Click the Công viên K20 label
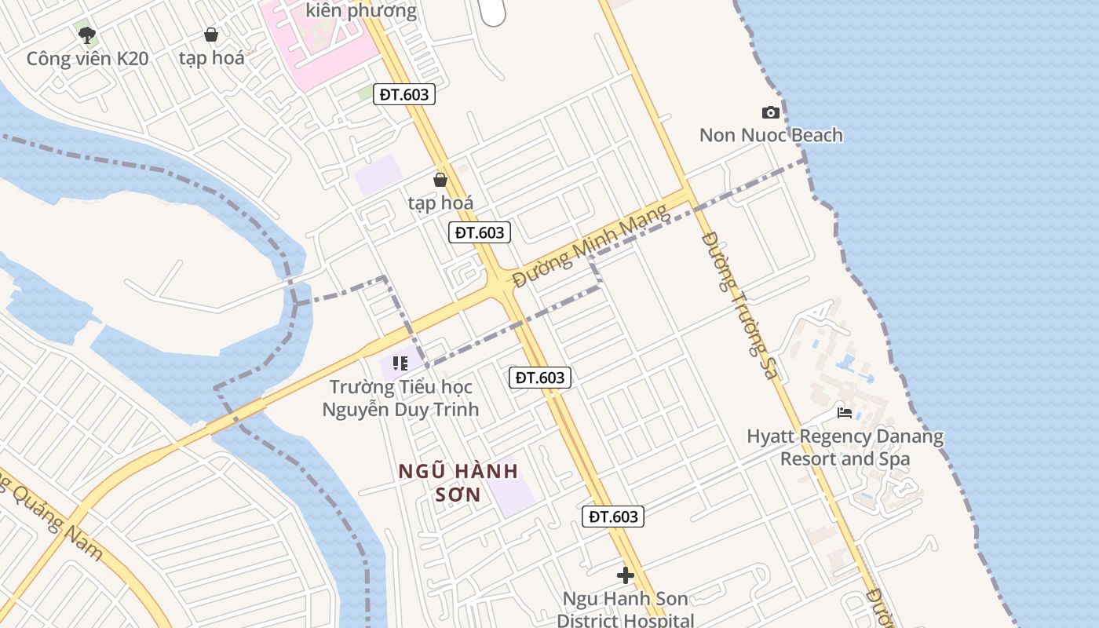click(87, 59)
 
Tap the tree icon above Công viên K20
click(87, 35)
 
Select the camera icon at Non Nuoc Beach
click(771, 112)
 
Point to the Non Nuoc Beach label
click(771, 135)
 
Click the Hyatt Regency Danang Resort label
click(845, 447)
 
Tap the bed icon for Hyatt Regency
click(845, 412)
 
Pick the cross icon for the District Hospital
click(626, 575)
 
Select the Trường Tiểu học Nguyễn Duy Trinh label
click(401, 398)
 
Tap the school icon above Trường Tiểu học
click(400, 363)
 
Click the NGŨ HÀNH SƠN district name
click(458, 482)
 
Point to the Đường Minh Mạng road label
click(590, 245)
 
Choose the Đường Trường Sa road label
click(739, 305)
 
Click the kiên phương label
click(361, 10)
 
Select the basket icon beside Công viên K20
click(211, 35)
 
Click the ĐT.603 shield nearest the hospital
click(613, 517)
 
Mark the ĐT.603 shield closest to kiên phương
click(404, 94)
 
